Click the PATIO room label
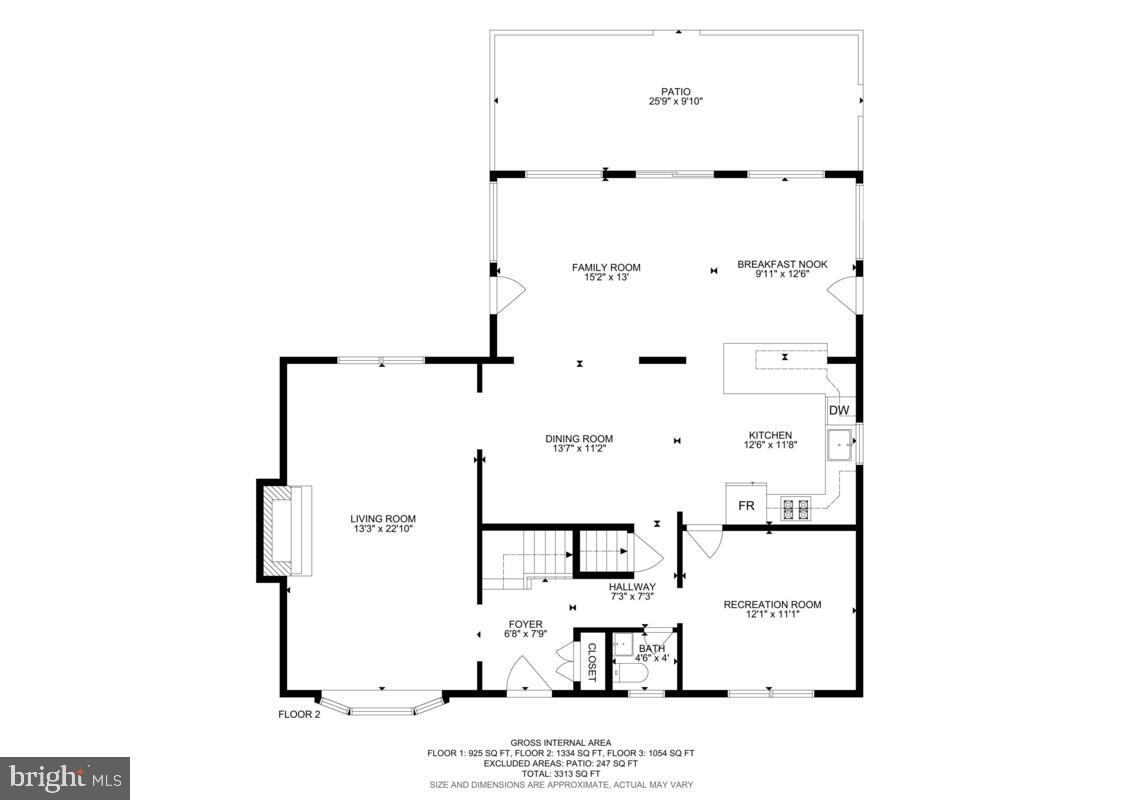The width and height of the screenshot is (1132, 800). pyautogui.click(x=675, y=92)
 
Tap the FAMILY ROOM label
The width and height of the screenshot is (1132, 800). pyautogui.click(x=606, y=267)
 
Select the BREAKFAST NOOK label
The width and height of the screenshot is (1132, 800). pyautogui.click(x=782, y=264)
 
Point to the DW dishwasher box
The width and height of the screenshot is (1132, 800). pyautogui.click(x=838, y=410)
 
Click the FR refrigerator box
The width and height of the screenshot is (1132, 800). pyautogui.click(x=746, y=505)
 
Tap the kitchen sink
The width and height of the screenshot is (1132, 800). pyautogui.click(x=839, y=444)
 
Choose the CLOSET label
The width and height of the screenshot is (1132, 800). pyautogui.click(x=591, y=661)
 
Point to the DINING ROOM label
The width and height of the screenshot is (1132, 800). pyautogui.click(x=579, y=438)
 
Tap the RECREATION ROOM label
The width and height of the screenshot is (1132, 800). pyautogui.click(x=772, y=604)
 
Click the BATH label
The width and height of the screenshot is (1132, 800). pyautogui.click(x=652, y=648)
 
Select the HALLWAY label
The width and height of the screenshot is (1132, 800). pyautogui.click(x=631, y=587)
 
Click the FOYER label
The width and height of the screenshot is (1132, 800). pyautogui.click(x=525, y=624)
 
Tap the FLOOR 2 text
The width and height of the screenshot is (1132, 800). pyautogui.click(x=299, y=714)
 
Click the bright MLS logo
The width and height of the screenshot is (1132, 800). pyautogui.click(x=65, y=775)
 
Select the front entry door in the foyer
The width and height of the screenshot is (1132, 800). pyautogui.click(x=526, y=676)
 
